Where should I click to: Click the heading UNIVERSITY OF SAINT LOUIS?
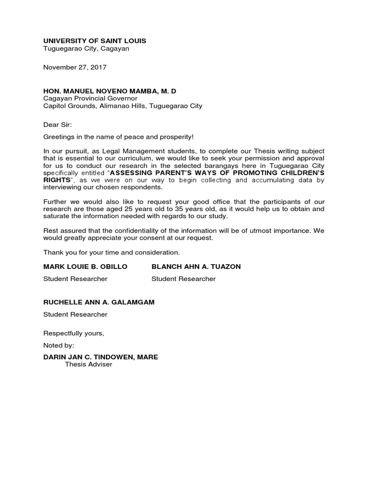point(94,41)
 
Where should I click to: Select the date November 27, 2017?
point(75,67)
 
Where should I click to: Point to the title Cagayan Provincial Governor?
point(90,99)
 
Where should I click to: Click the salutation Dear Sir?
point(57,125)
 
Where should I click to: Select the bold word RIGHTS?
point(57,180)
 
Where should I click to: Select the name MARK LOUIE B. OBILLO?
point(85,267)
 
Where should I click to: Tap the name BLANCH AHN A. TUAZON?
point(196,267)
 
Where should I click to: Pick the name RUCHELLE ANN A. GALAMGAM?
point(99,302)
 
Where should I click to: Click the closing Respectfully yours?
point(73,333)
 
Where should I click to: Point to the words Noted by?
point(59,345)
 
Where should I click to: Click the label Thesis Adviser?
point(88,365)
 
